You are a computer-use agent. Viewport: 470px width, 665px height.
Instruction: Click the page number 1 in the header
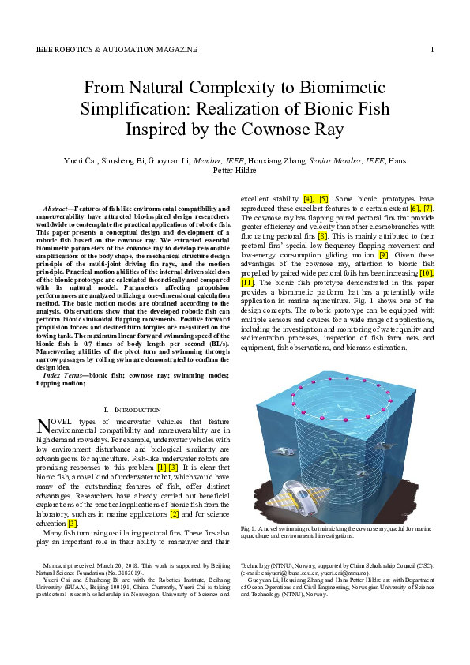click(x=432, y=50)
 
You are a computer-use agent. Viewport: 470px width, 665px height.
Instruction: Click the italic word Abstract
click(x=57, y=209)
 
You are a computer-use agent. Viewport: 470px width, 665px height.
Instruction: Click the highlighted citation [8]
click(x=322, y=235)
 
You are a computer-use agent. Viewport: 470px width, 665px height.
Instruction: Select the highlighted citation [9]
click(x=384, y=254)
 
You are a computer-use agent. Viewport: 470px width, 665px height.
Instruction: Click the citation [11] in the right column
click(x=247, y=283)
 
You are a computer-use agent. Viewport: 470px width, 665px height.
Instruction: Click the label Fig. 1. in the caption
click(x=250, y=528)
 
